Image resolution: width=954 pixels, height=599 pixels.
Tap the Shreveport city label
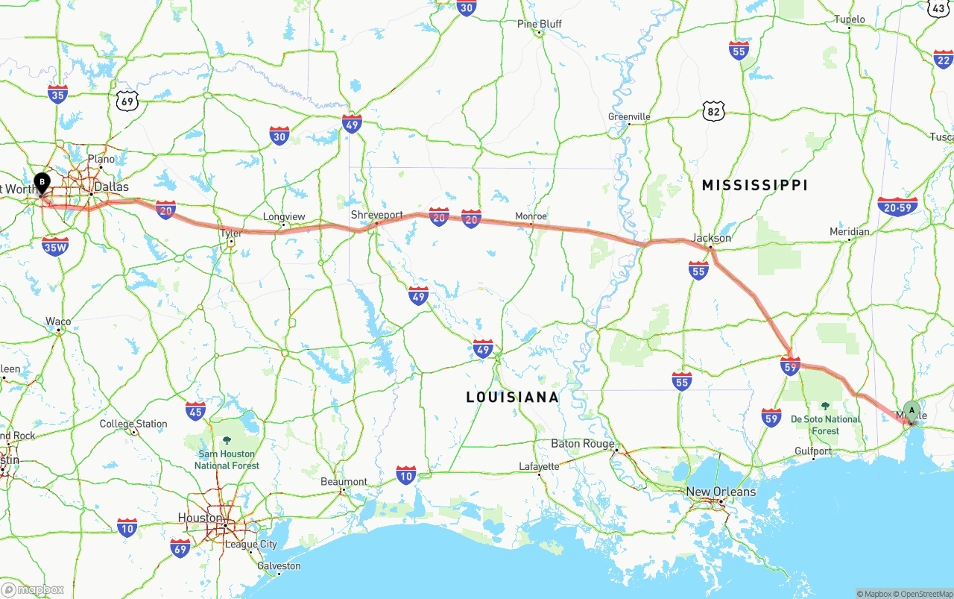click(376, 215)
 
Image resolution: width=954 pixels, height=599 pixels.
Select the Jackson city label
click(711, 238)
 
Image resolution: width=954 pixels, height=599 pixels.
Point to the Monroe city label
click(531, 216)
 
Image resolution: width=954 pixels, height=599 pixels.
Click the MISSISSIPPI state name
click(754, 185)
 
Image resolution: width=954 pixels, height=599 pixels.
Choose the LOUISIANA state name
click(512, 397)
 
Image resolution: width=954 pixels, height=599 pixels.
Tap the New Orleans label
click(721, 492)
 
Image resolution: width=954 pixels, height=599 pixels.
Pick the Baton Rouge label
click(583, 444)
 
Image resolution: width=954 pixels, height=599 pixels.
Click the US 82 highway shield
click(713, 112)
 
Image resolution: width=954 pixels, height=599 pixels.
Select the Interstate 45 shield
click(195, 410)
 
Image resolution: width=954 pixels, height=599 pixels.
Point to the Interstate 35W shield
click(55, 247)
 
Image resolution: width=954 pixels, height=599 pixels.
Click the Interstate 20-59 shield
click(897, 207)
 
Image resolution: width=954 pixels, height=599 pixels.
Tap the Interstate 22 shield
click(944, 58)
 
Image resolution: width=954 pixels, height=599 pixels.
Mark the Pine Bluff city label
click(539, 24)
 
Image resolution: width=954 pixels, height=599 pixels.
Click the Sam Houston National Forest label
click(227, 460)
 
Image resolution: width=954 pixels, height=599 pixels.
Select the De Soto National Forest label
click(825, 424)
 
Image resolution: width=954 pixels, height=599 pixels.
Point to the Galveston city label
click(278, 565)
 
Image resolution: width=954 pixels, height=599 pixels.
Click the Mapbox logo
click(33, 589)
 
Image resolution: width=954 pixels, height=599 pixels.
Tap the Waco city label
click(58, 322)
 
